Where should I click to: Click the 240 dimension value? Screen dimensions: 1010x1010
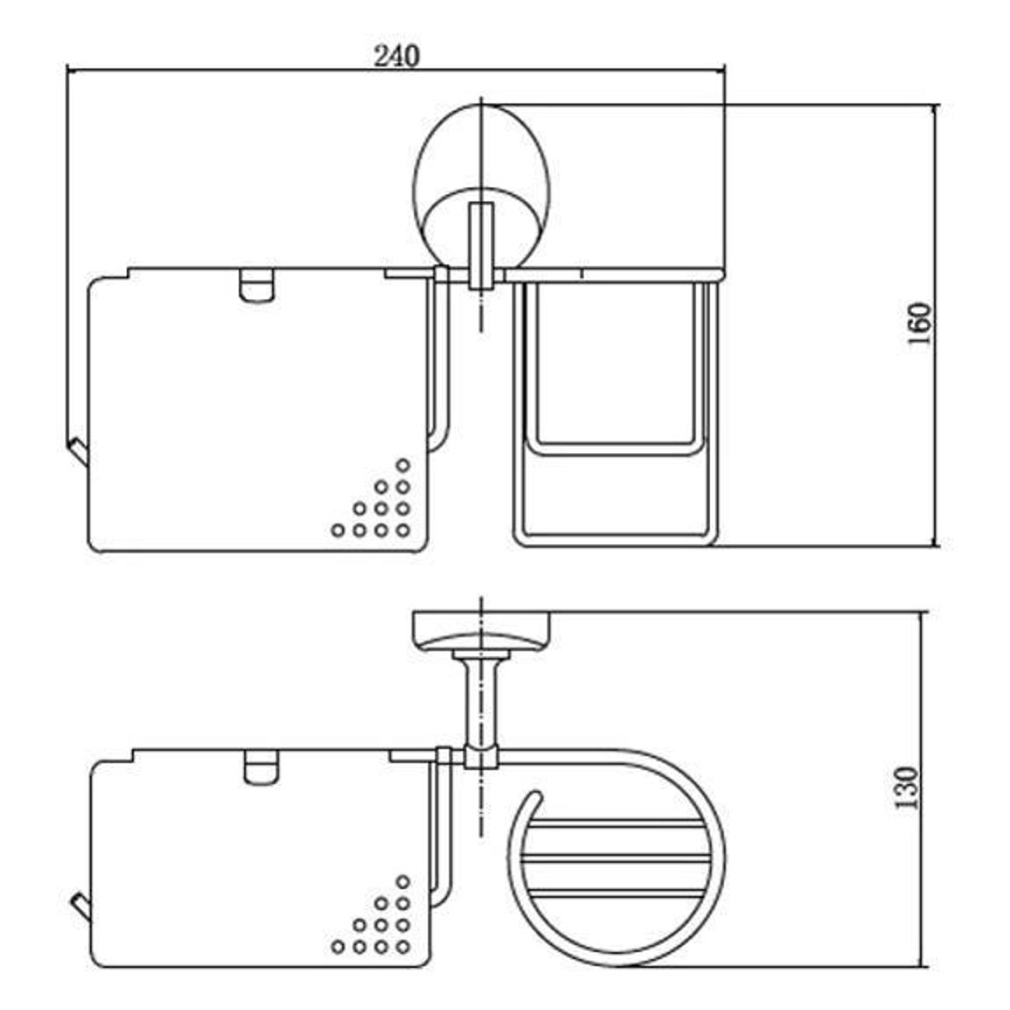[x=396, y=56]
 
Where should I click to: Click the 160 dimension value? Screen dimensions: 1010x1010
[x=920, y=323]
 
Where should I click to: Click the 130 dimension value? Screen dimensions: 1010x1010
[x=907, y=788]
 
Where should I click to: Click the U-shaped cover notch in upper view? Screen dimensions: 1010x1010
[x=256, y=286]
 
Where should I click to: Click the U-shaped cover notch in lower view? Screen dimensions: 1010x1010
[x=262, y=768]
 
